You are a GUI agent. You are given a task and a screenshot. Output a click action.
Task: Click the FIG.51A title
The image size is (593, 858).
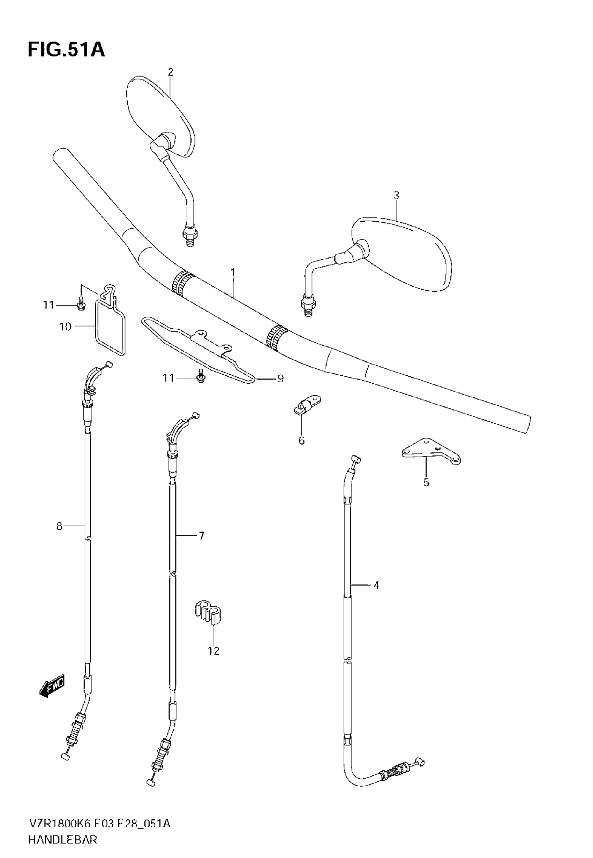click(x=66, y=50)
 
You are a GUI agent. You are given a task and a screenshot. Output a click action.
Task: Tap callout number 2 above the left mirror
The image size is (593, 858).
click(x=171, y=72)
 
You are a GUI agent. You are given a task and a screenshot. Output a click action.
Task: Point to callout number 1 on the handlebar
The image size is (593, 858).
click(x=233, y=273)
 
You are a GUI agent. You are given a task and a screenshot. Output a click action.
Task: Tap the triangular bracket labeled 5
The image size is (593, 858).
click(x=431, y=450)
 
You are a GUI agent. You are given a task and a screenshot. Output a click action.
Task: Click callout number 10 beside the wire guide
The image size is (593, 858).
click(x=65, y=327)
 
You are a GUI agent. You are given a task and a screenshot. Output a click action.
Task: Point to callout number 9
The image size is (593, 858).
click(x=280, y=378)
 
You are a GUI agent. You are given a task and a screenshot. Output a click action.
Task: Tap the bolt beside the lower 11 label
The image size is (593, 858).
click(x=201, y=377)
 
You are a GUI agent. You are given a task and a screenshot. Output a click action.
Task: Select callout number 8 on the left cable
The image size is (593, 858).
click(x=59, y=526)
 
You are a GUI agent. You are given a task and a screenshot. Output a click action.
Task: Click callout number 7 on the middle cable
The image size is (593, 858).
click(x=201, y=536)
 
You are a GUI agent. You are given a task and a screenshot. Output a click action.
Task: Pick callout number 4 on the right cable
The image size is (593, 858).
click(x=376, y=585)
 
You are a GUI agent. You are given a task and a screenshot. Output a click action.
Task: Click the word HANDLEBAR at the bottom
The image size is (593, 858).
click(x=63, y=840)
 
